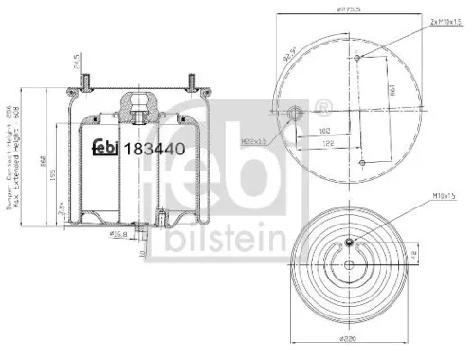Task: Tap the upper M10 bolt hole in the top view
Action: pos(355,59)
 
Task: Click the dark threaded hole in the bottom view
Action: pos(349,243)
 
